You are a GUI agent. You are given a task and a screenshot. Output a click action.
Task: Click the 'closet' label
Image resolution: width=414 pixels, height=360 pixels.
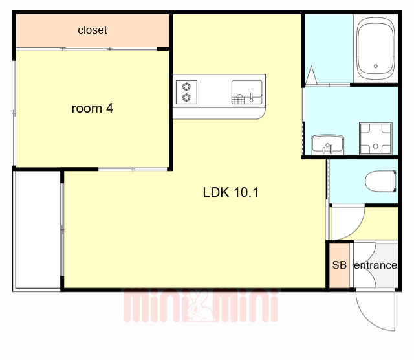click(x=93, y=30)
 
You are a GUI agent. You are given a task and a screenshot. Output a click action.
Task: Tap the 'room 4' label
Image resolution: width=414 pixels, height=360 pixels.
click(x=92, y=108)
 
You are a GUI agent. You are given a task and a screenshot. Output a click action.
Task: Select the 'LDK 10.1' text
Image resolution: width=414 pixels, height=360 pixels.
click(x=230, y=192)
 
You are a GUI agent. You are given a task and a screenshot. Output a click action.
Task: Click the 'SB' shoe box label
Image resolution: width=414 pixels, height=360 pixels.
click(x=339, y=265)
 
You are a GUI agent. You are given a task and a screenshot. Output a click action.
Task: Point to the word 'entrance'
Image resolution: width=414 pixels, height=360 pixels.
click(x=375, y=265)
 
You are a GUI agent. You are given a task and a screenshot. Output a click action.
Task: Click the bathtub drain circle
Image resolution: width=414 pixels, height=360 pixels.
click(x=376, y=66)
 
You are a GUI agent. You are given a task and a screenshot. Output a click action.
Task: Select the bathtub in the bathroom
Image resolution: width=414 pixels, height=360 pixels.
click(x=376, y=49)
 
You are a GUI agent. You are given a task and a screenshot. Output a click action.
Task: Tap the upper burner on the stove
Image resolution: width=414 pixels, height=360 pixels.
click(x=187, y=86)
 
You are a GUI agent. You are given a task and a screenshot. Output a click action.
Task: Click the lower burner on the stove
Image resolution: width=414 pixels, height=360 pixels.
click(x=187, y=98)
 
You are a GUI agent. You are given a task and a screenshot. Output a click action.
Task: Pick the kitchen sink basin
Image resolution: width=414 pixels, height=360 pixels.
click(x=247, y=92)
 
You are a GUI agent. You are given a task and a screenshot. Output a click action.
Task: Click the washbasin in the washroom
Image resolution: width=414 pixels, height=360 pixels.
click(x=327, y=144)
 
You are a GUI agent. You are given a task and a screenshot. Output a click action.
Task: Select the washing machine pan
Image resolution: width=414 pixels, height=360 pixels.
click(x=376, y=139)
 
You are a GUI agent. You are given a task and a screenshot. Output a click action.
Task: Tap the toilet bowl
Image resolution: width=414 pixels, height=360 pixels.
click(x=381, y=181)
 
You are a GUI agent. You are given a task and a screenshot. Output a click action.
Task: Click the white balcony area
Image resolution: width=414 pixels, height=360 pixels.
click(x=37, y=230)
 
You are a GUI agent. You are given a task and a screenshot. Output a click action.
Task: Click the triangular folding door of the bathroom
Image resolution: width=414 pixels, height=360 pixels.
click(x=312, y=76)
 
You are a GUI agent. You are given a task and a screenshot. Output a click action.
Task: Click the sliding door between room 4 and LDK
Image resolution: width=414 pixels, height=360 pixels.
click(x=133, y=169)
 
